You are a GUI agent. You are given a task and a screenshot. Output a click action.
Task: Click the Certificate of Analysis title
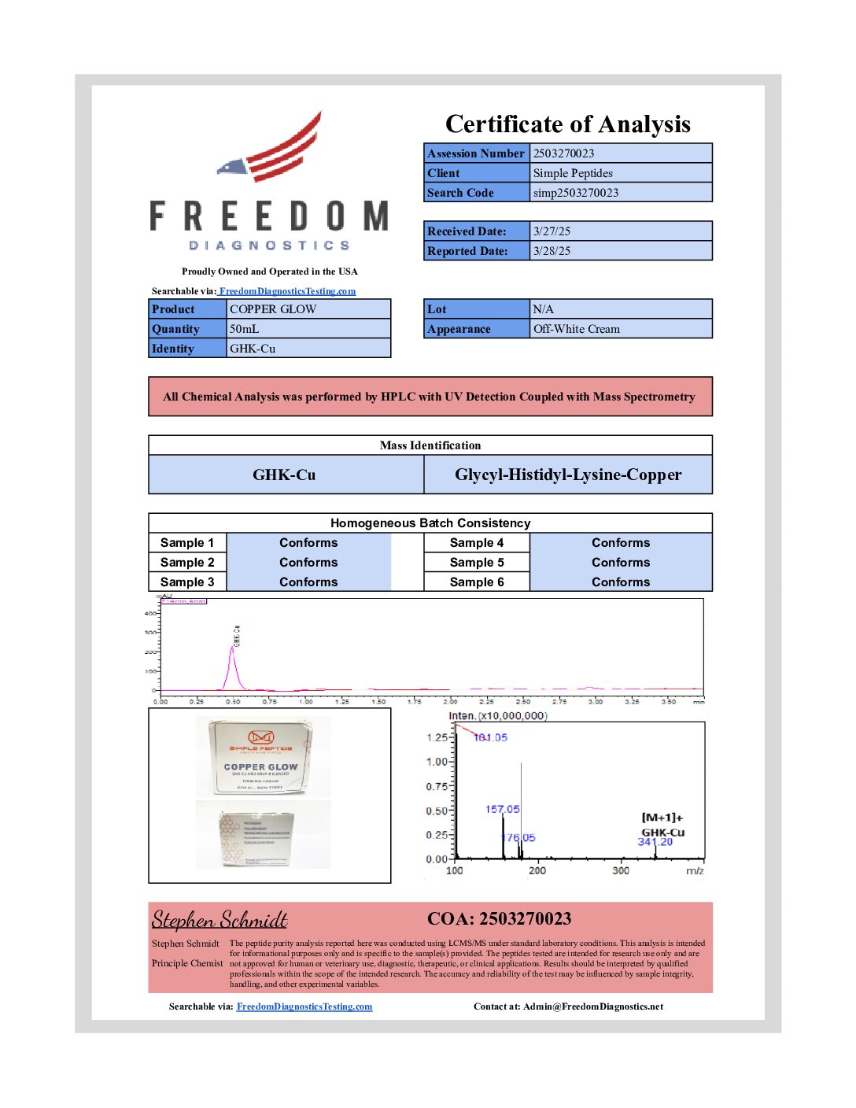[567, 124]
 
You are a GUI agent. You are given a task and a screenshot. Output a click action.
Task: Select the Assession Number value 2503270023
[563, 153]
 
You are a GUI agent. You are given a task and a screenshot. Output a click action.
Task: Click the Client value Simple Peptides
[573, 173]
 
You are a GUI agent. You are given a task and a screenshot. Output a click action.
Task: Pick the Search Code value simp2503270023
[576, 193]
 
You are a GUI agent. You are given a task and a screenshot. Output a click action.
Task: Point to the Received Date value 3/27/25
[552, 231]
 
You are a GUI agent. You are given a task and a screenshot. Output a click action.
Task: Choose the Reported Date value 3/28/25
[552, 251]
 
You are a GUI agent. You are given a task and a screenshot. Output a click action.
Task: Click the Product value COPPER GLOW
[273, 309]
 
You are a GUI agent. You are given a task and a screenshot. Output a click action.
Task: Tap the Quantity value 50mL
[244, 329]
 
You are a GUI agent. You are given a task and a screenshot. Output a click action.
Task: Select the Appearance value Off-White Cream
[577, 329]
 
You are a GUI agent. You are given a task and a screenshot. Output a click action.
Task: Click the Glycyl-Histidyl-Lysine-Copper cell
[568, 475]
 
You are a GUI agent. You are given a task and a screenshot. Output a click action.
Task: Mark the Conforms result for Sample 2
[308, 563]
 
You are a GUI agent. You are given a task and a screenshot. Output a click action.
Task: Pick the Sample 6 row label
[477, 582]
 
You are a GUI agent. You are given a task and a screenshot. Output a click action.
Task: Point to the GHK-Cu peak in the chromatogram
[233, 650]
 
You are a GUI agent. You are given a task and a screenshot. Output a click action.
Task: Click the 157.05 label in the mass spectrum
[502, 809]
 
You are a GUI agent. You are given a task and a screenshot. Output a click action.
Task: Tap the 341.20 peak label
[655, 842]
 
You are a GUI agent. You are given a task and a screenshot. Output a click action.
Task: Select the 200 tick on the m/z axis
[537, 870]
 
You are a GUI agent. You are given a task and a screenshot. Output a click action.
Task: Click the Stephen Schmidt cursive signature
[220, 920]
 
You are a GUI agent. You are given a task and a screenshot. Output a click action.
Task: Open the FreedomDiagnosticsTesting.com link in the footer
[304, 1006]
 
